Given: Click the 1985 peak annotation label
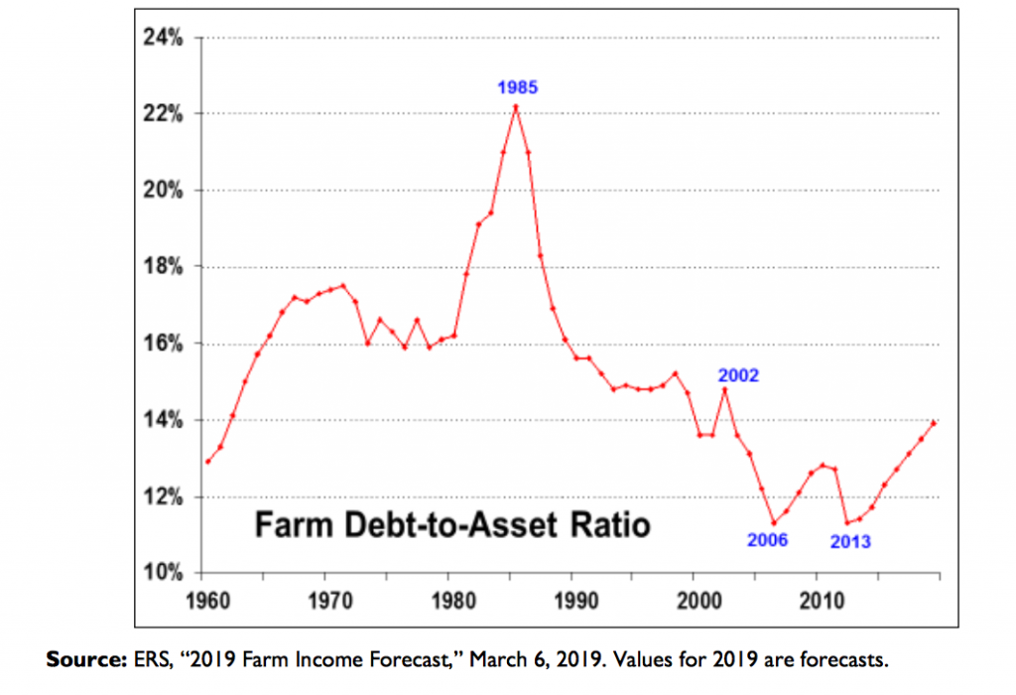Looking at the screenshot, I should point(517,87).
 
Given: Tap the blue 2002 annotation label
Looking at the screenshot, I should point(738,375).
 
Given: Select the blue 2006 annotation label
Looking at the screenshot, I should point(767,540).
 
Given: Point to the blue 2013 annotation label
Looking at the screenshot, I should point(850,541).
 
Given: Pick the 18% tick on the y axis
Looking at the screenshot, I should point(164,267).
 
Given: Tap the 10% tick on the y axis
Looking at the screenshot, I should point(164,574).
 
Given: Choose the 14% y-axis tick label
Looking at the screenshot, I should point(164,421).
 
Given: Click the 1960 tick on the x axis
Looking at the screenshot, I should point(206,602).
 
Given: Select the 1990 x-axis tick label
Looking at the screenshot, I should point(573,602).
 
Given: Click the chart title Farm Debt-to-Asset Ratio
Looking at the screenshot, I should point(452,524).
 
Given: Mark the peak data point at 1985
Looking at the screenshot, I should point(516,107).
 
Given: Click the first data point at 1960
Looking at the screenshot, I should point(207,462).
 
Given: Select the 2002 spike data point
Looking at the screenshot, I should point(725,389).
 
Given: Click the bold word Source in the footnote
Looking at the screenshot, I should point(81,658).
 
